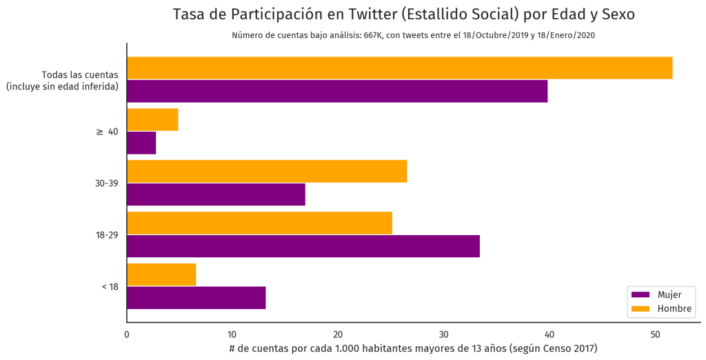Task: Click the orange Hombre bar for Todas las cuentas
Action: [x=399, y=68]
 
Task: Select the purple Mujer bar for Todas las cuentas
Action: [x=337, y=91]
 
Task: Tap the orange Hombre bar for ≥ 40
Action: [x=152, y=120]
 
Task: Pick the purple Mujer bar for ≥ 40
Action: [x=141, y=143]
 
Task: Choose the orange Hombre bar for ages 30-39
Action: [x=267, y=171]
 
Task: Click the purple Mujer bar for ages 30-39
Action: [x=216, y=194]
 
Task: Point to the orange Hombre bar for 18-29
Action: [x=259, y=223]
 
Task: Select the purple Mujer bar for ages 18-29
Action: [x=303, y=246]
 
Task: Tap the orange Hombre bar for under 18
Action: [x=161, y=274]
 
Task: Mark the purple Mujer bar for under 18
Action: [x=196, y=297]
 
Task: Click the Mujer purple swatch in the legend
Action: [x=640, y=295]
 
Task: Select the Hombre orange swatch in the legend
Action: [x=640, y=309]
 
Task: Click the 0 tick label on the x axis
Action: [x=127, y=334]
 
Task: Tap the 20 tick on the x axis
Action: [x=338, y=334]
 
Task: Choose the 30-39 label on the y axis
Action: [x=107, y=183]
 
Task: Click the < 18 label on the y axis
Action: [x=110, y=286]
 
